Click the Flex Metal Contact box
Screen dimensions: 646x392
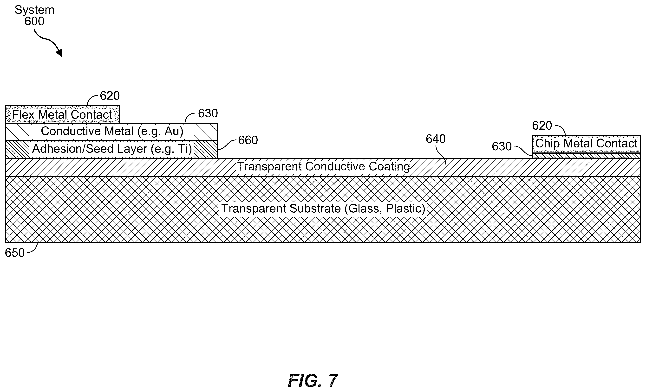62,114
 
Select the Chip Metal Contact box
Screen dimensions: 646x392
587,144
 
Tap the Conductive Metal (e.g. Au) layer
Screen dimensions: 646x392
111,132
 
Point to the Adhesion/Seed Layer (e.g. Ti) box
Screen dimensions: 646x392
111,150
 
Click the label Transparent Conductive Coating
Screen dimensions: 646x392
324,167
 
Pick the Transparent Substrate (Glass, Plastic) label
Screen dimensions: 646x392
323,209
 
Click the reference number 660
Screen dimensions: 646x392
248,140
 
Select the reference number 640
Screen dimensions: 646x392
436,139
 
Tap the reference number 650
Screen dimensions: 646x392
15,253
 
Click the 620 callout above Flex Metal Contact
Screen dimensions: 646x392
110,96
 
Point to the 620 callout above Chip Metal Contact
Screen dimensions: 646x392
542,126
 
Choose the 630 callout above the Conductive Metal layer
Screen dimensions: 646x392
208,113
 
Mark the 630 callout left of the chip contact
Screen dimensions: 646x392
502,146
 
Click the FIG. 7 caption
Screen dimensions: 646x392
313,380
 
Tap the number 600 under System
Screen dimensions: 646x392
34,21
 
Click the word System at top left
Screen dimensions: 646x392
34,10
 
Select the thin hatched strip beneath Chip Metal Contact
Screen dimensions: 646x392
587,156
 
